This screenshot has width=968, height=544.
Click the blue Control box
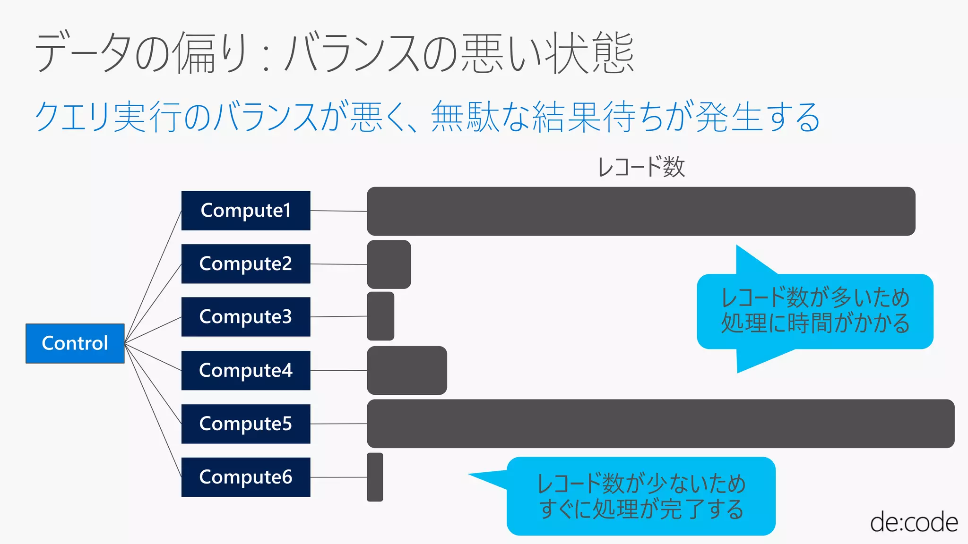pos(75,343)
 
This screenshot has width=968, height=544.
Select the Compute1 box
pos(246,211)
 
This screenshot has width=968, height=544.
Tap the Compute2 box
pos(246,264)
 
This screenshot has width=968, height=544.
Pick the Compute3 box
pos(246,317)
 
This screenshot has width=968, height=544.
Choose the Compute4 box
pos(246,370)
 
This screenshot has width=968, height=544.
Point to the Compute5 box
pos(246,424)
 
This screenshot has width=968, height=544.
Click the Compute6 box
pos(246,477)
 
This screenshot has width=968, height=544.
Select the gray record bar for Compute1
pos(641,211)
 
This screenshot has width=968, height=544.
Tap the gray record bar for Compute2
pos(389,264)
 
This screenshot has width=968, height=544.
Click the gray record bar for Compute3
pos(380,316)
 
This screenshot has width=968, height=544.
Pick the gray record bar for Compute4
pos(406,370)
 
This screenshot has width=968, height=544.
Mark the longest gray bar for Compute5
pos(660,424)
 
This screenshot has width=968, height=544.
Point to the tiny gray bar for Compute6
pos(375,477)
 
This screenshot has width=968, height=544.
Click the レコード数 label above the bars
pos(641,167)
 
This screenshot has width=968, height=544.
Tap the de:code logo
pos(914,522)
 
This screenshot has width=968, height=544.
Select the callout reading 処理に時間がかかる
pos(815,312)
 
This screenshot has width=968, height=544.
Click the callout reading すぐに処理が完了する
pos(641,496)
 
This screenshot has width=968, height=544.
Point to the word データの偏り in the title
pos(142,52)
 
